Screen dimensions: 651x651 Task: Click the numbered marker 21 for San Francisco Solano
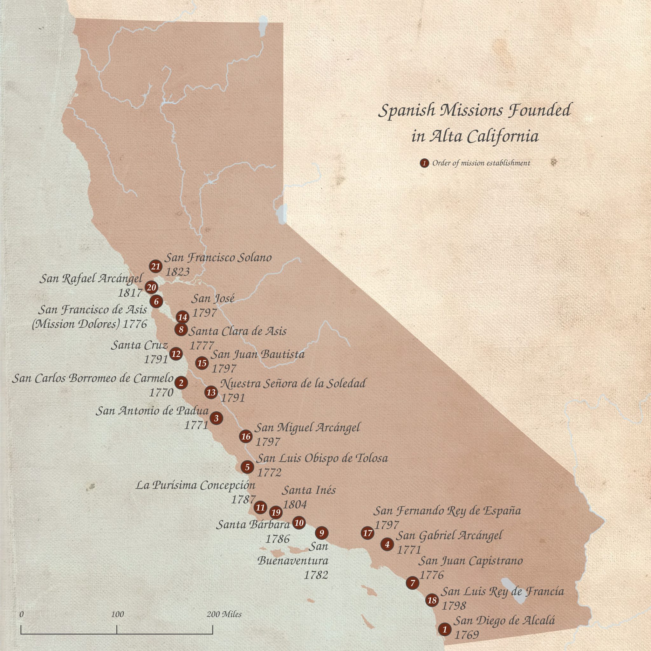point(155,266)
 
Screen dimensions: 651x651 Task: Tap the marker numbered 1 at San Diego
point(445,629)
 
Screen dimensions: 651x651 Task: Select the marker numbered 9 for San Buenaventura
point(321,533)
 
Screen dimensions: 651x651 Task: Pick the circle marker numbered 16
point(246,437)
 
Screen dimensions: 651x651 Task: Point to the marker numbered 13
point(211,392)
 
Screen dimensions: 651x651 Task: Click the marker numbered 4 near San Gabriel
point(387,544)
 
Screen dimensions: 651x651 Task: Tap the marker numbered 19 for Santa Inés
point(276,512)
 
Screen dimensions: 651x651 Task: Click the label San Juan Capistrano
point(470,561)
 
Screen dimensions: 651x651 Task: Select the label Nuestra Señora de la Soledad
point(292,383)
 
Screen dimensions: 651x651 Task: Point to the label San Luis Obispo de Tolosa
point(322,458)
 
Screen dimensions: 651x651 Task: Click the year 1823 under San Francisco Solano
point(177,271)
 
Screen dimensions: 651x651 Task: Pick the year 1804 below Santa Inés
point(295,504)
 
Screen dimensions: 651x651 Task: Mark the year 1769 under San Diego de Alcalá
point(466,635)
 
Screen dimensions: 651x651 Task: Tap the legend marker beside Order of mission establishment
point(425,163)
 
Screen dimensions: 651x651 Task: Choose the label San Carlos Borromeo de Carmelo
point(93,378)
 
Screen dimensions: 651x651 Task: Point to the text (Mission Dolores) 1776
point(90,324)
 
